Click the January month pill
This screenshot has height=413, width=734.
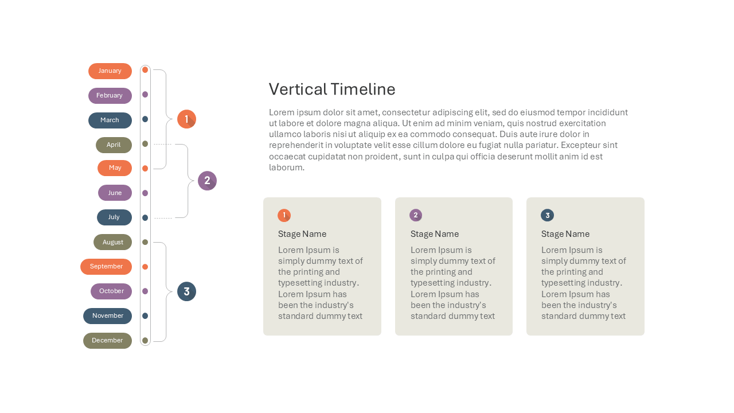(x=110, y=71)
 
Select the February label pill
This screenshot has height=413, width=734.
(x=110, y=95)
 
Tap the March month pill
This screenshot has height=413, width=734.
(x=110, y=120)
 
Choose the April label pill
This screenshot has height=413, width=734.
(x=114, y=145)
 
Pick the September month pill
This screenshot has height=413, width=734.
(x=106, y=267)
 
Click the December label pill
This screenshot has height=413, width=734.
(x=107, y=341)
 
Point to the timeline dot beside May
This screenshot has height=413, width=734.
(x=145, y=169)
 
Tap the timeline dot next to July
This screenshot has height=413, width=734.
(x=145, y=217)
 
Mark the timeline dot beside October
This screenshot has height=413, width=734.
(x=145, y=291)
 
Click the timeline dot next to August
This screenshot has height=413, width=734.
(x=145, y=242)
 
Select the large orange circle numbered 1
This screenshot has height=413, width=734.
(x=186, y=119)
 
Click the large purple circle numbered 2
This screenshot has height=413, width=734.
(x=207, y=181)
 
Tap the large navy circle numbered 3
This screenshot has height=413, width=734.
(x=186, y=291)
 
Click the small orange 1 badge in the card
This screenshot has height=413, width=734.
(x=284, y=215)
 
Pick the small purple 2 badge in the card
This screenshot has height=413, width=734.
(x=416, y=215)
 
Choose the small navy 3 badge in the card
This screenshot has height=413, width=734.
(x=547, y=215)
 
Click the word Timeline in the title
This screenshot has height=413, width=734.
(x=363, y=89)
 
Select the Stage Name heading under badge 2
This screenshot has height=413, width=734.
(x=435, y=234)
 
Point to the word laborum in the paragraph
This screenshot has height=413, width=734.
(x=287, y=167)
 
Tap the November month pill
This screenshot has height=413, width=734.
(x=107, y=316)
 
